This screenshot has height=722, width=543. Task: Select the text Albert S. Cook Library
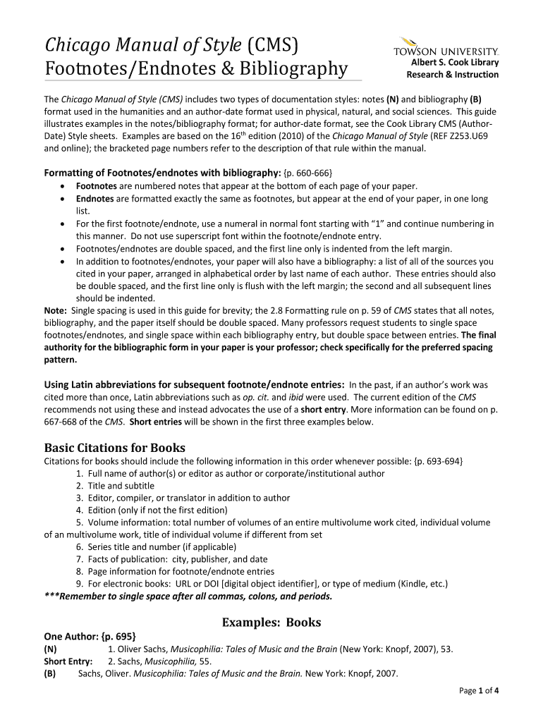pyautogui.click(x=455, y=63)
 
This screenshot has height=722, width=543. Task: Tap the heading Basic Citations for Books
pyautogui.click(x=115, y=448)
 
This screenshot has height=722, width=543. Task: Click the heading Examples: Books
pyautogui.click(x=271, y=622)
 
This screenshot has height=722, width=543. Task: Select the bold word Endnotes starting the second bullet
pyautogui.click(x=94, y=199)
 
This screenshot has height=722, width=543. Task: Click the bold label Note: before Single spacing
pyautogui.click(x=56, y=311)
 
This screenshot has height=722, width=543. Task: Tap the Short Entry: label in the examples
pyautogui.click(x=68, y=661)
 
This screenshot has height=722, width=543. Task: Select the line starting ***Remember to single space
pyautogui.click(x=188, y=596)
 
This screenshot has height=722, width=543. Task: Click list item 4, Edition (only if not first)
pyautogui.click(x=152, y=510)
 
